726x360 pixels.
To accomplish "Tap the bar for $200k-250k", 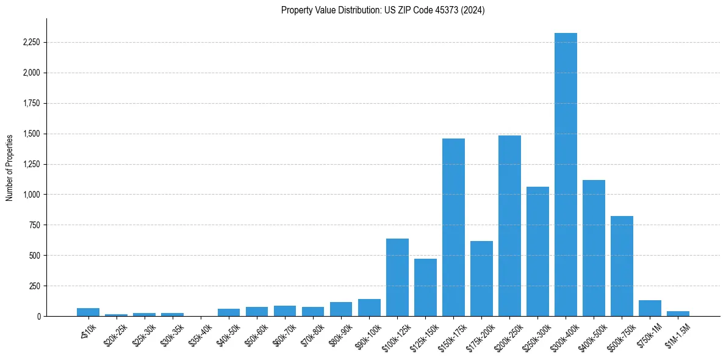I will pos(509,226).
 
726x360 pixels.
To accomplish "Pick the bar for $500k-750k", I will pos(622,266).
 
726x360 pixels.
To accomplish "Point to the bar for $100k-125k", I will pos(397,277).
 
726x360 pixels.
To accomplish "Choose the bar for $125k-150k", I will pos(425,287).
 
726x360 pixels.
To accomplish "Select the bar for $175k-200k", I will pos(481,278).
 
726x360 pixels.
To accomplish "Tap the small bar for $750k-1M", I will pos(650,308).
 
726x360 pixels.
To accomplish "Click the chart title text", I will pos(383,10).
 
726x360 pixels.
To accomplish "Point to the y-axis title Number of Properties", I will pos(10,167).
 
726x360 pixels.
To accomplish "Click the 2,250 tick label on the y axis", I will pos(31,43).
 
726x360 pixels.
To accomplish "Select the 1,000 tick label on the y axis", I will pos(31,195).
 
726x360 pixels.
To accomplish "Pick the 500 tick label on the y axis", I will pos(35,256).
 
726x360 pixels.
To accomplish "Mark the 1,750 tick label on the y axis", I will pos(31,104).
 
